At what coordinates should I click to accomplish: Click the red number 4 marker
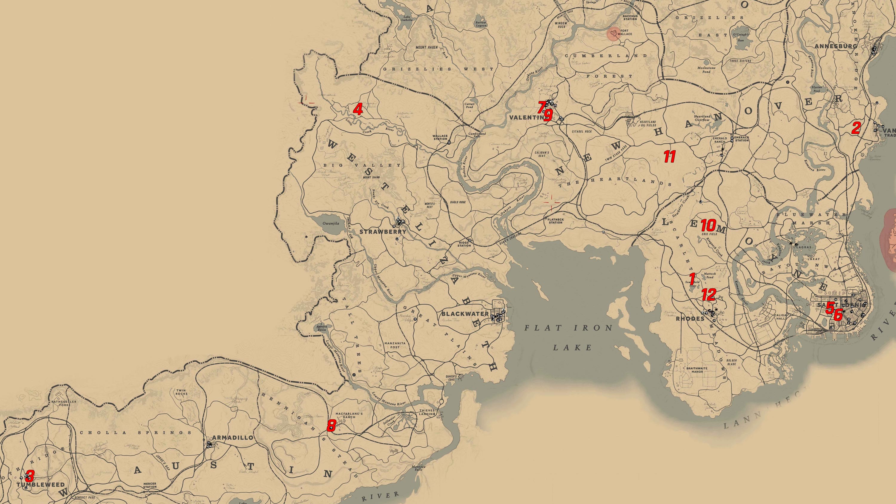tap(358, 110)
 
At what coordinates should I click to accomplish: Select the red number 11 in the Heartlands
tap(670, 156)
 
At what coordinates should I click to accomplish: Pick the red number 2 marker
tap(856, 128)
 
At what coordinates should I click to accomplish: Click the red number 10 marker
tap(708, 225)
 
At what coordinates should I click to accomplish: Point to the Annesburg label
tap(835, 46)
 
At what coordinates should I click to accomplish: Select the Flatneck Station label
tap(556, 221)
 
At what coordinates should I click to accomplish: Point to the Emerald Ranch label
tap(720, 140)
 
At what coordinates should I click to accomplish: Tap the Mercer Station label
tap(150, 485)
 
